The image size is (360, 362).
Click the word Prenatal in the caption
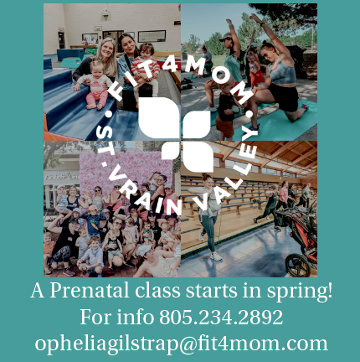[x=90, y=291]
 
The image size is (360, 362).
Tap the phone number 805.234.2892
[x=221, y=317]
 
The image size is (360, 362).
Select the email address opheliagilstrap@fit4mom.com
[x=181, y=344]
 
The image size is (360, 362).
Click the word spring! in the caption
[x=300, y=292]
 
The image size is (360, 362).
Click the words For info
[x=117, y=317]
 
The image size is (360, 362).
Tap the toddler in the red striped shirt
[x=145, y=69]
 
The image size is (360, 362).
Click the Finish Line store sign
[x=62, y=177]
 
